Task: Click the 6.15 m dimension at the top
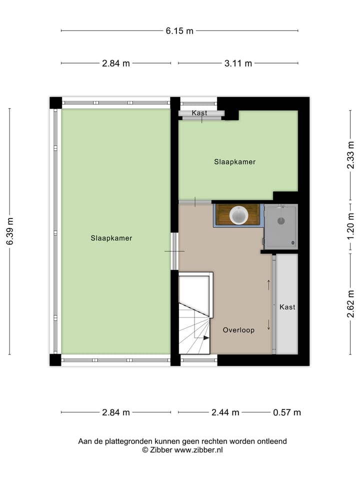(179, 30)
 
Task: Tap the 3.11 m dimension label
(238, 63)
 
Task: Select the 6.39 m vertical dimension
(9, 231)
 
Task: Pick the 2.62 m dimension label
(351, 304)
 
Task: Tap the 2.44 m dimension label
(225, 412)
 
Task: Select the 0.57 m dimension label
(287, 412)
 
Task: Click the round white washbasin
(238, 215)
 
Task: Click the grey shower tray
(280, 226)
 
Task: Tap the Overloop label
(238, 330)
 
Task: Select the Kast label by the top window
(199, 113)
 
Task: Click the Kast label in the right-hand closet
(287, 306)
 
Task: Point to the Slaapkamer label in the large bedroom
(111, 238)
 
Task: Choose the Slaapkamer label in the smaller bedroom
(235, 161)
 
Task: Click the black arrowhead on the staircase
(206, 338)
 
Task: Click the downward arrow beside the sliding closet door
(269, 324)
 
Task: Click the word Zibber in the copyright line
(161, 449)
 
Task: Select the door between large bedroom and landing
(174, 251)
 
